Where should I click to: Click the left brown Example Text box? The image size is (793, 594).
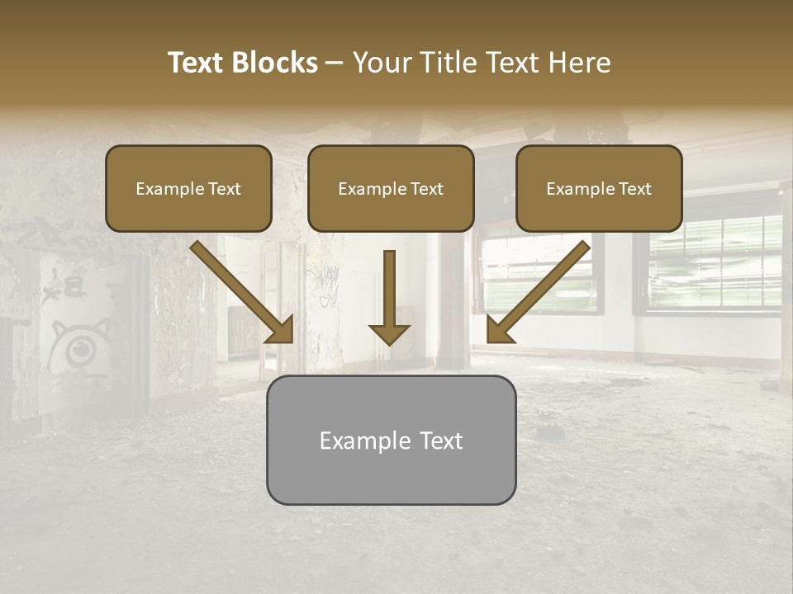click(x=188, y=188)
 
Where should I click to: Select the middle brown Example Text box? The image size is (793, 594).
click(x=391, y=188)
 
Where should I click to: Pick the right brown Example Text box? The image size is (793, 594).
click(x=599, y=188)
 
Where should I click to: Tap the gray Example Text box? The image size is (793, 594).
click(x=391, y=440)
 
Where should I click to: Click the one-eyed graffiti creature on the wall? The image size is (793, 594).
click(x=78, y=346)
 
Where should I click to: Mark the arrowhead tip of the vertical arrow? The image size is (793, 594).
click(x=389, y=342)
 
